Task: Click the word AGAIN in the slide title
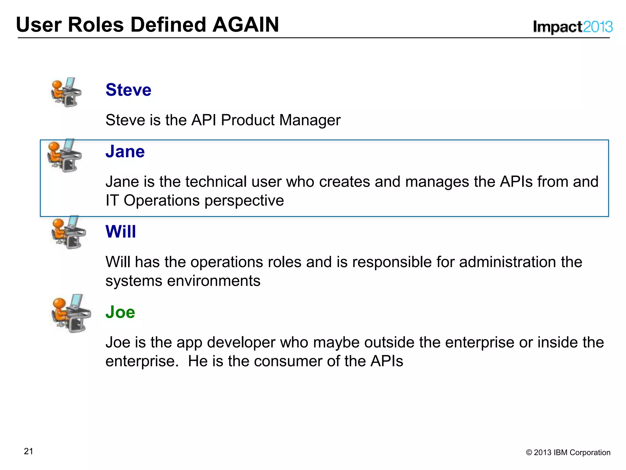click(245, 25)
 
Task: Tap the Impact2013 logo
click(573, 27)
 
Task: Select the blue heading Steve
click(128, 90)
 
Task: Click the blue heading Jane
click(125, 151)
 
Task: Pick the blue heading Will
click(121, 232)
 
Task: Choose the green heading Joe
click(120, 312)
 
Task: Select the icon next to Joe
click(71, 314)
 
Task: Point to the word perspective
click(244, 201)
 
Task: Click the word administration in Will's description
click(507, 262)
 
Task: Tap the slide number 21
click(28, 451)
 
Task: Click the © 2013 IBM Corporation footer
click(568, 453)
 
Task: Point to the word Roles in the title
click(96, 25)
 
